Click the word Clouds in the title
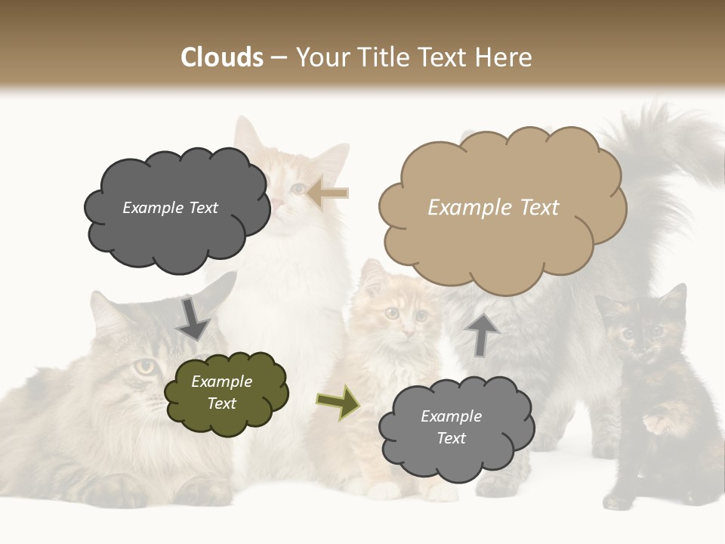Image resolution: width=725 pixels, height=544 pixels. (222, 57)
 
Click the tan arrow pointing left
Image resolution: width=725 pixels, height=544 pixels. (327, 193)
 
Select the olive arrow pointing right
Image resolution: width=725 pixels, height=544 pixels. (338, 401)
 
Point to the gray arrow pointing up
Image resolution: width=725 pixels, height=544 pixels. (482, 333)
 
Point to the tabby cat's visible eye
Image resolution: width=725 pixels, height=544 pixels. (145, 366)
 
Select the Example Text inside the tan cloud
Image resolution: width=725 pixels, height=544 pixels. (493, 208)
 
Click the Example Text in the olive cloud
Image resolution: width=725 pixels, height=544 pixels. (221, 392)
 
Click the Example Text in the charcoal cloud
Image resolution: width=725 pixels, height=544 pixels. (170, 208)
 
